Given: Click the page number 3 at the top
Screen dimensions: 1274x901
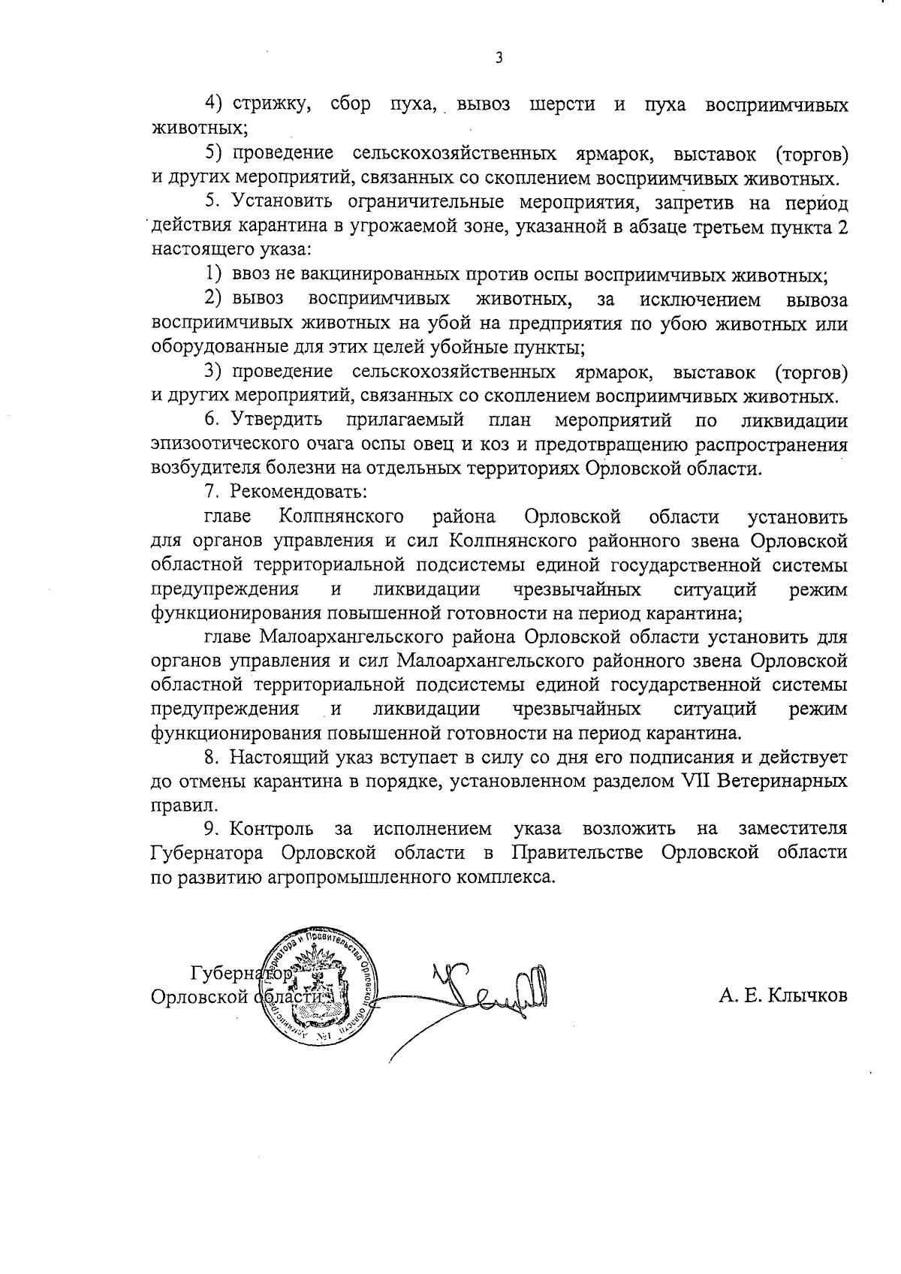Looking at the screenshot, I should tap(499, 58).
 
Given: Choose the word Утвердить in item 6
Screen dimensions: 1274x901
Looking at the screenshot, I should tap(278, 420).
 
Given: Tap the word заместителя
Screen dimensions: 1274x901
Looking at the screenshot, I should tap(793, 830).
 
